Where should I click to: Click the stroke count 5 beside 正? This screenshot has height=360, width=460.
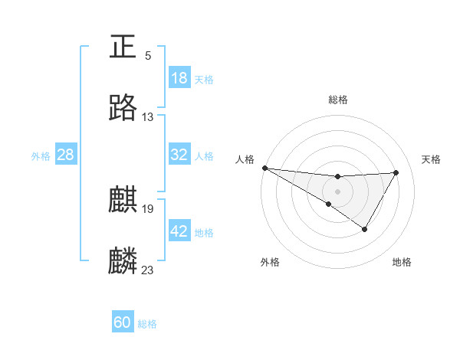click(148, 56)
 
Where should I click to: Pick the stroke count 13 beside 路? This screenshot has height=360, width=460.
click(148, 117)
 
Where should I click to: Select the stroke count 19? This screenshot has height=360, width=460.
click(148, 208)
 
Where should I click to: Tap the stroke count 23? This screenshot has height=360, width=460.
click(148, 270)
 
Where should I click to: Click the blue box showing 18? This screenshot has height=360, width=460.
click(179, 78)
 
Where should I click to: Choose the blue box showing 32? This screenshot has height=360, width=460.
click(179, 155)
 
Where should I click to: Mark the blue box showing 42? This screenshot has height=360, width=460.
click(179, 231)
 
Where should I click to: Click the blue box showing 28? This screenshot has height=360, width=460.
click(65, 155)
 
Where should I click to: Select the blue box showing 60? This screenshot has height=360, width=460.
click(123, 322)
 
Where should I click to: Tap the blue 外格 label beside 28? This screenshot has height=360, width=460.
click(41, 155)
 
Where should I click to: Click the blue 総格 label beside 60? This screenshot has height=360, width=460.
click(147, 324)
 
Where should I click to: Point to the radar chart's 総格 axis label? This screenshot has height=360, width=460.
click(337, 99)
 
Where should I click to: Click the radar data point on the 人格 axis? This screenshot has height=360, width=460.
click(264, 167)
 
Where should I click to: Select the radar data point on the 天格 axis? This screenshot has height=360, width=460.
click(396, 172)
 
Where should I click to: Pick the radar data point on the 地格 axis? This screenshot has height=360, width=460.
click(365, 229)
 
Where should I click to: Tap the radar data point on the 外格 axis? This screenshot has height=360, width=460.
click(328, 204)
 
